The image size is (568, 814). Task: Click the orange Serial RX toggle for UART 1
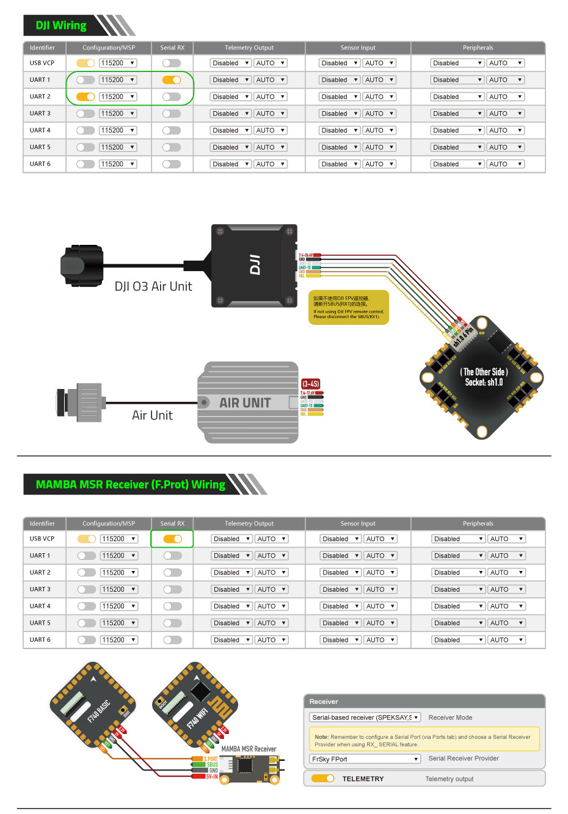[x=172, y=80]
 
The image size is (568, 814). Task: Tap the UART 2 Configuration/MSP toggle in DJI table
[x=86, y=96]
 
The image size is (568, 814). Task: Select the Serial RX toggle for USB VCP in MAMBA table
[x=173, y=539]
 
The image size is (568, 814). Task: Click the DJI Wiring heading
[x=61, y=26]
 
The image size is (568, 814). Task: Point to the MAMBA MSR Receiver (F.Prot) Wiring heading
[x=130, y=484]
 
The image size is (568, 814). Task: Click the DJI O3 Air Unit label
[x=153, y=286]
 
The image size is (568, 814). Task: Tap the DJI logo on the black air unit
[x=255, y=265]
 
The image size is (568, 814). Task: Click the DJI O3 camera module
[x=82, y=265]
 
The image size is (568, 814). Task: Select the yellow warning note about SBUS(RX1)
[x=348, y=307]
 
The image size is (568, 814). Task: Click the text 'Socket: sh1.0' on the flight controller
[x=484, y=382]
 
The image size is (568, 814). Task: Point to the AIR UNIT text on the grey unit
[x=245, y=403]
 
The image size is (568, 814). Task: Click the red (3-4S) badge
[x=310, y=383]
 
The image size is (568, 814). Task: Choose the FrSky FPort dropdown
[x=365, y=759]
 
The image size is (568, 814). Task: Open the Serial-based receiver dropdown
[x=365, y=718]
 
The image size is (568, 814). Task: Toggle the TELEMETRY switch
[x=322, y=779]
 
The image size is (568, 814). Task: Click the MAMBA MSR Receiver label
[x=249, y=749]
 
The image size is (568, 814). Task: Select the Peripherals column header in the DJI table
[x=478, y=48]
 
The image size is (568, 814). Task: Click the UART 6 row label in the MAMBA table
[x=40, y=640]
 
